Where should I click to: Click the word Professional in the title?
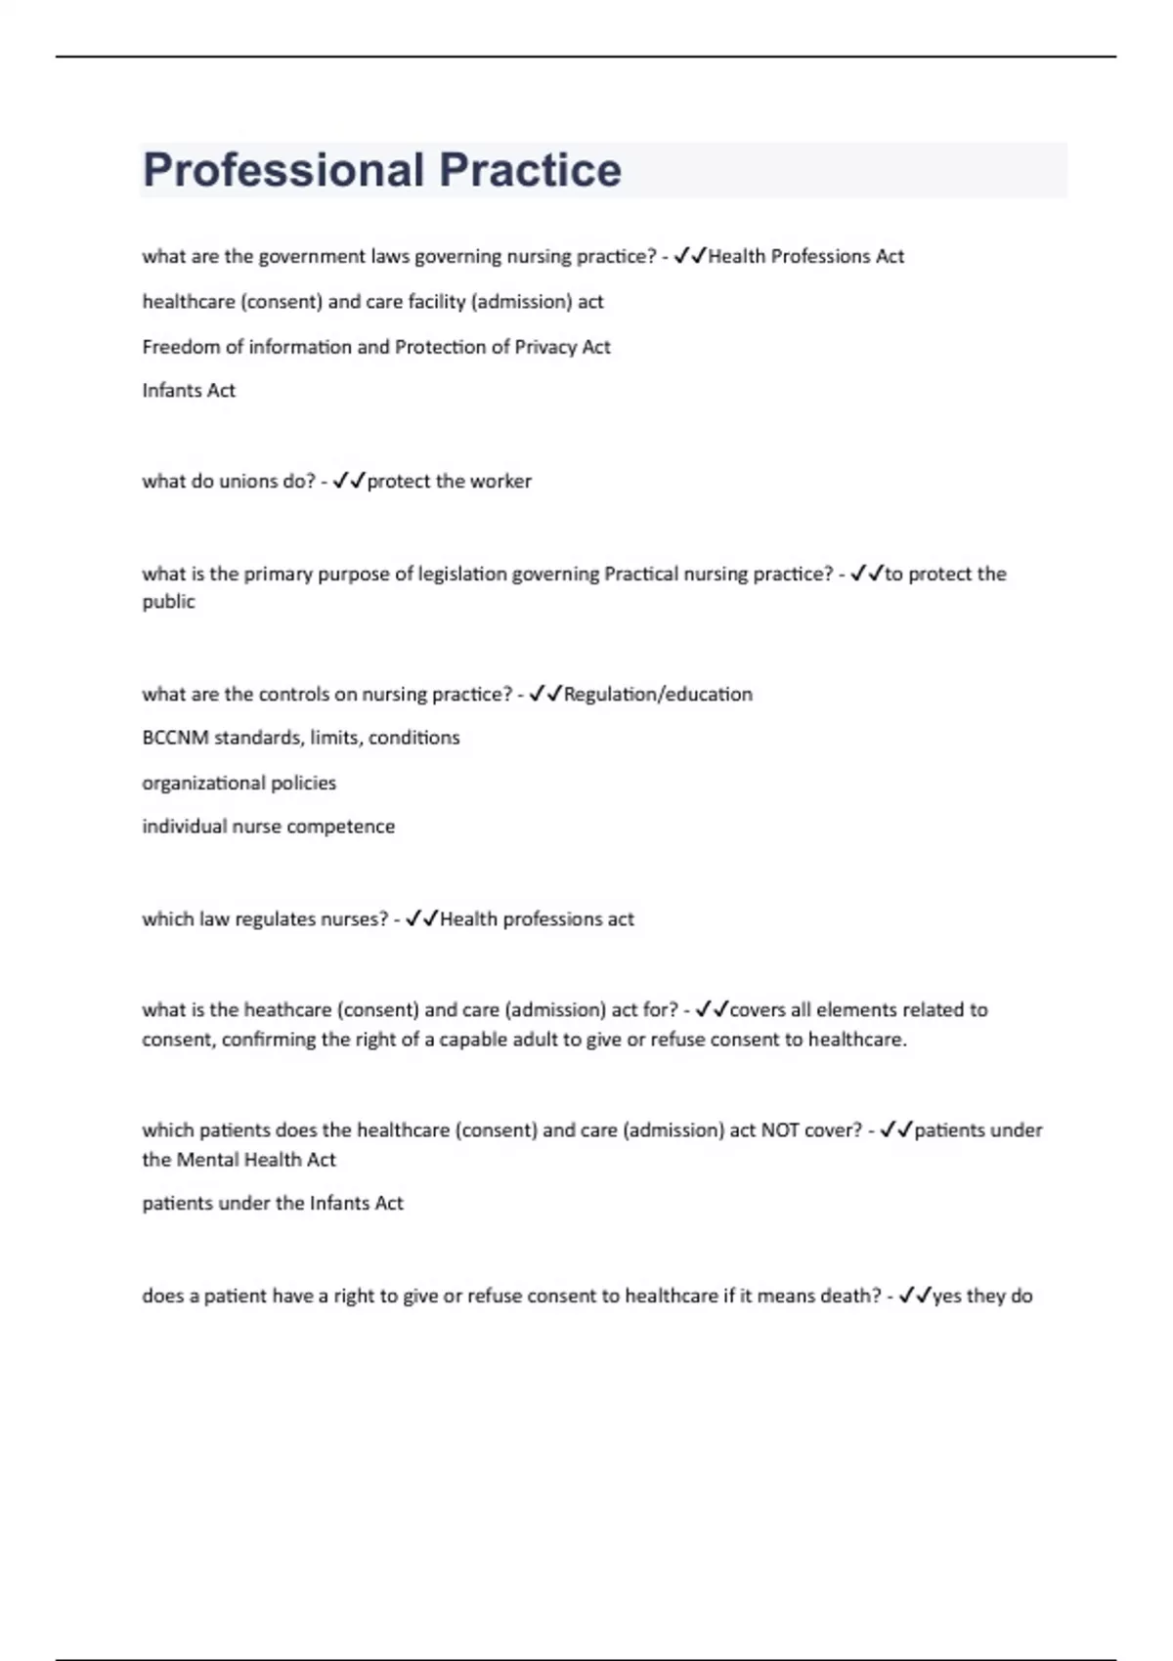(x=283, y=170)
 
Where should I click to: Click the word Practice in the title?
(x=530, y=170)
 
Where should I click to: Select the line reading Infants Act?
(x=189, y=391)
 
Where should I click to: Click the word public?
(x=168, y=602)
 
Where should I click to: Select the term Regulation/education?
(x=658, y=694)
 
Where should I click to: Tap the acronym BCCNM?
(x=175, y=738)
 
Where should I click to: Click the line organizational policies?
(x=239, y=783)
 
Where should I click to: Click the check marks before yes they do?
(x=914, y=1296)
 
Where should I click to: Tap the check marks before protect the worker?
(x=349, y=481)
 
